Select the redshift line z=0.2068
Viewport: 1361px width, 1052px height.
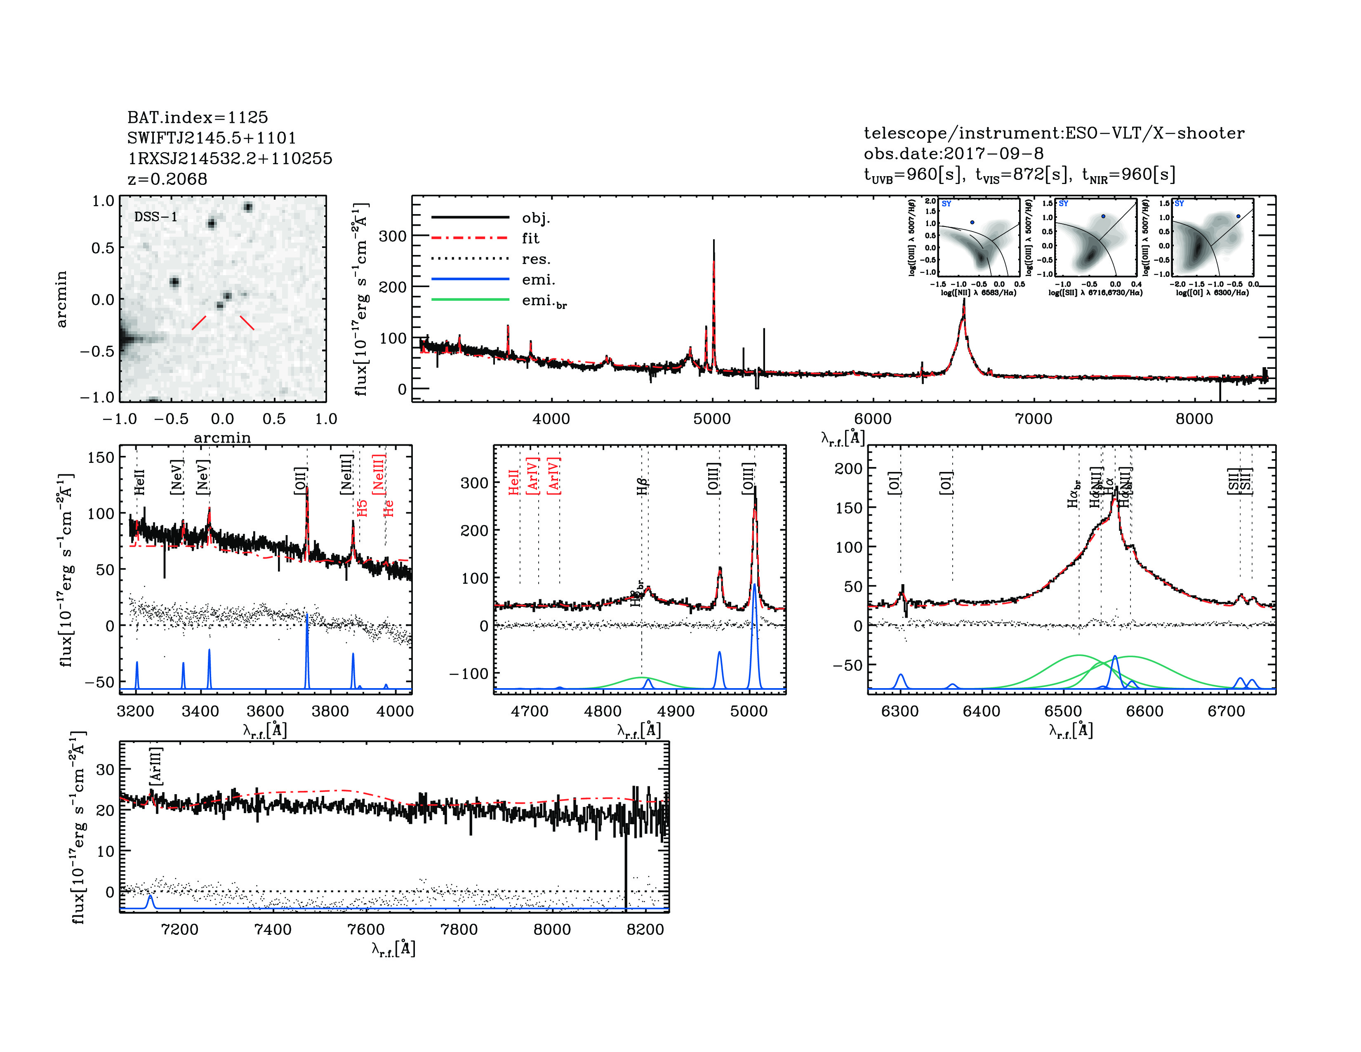[167, 179]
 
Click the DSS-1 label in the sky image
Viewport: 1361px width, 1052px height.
[156, 217]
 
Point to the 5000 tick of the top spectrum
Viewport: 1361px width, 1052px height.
[712, 419]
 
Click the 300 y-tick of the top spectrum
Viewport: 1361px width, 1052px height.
[393, 236]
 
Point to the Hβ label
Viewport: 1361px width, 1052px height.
[643, 486]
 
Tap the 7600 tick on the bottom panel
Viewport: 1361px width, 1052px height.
[366, 929]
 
